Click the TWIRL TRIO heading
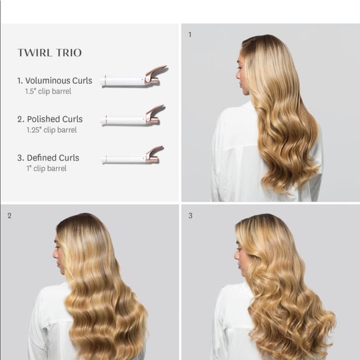point(50,53)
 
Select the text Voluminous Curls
point(59,81)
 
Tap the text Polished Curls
point(55,119)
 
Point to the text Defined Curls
point(53,158)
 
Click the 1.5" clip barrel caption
point(48,91)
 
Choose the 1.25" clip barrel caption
point(52,130)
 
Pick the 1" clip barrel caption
point(47,169)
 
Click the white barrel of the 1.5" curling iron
point(123,81)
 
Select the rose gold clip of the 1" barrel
point(153,155)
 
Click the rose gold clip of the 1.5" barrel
point(155,75)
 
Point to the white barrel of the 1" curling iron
point(124,160)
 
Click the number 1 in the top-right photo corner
point(190,34)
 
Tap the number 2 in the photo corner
point(9,215)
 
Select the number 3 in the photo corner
point(191,215)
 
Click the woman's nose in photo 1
point(238,75)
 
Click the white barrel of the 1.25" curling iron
point(124,120)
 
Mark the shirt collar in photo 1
point(248,106)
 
